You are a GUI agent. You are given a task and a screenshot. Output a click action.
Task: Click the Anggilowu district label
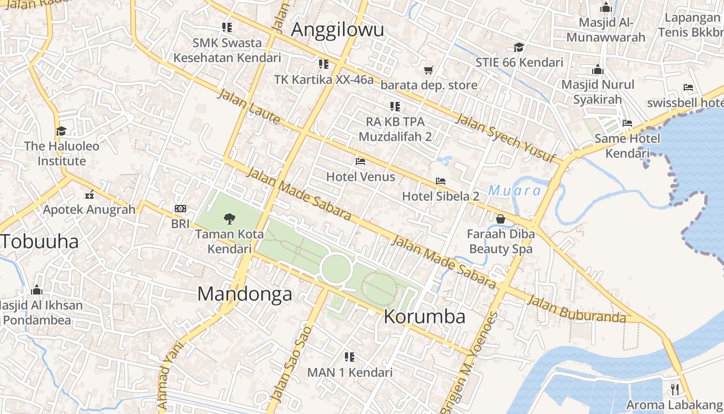[x=337, y=29]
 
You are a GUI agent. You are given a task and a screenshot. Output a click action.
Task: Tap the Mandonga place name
[x=245, y=294]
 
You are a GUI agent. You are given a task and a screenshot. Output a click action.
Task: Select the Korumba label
[x=425, y=316]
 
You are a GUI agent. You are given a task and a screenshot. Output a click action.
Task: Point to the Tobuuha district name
[x=39, y=241]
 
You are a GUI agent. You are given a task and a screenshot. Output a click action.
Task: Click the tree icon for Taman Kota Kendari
[x=229, y=219]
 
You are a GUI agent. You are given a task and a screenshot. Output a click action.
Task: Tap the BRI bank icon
[x=180, y=209]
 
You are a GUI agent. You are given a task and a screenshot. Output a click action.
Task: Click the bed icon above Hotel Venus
[x=360, y=161]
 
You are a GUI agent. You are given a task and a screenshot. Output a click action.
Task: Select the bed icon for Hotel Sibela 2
[x=441, y=181]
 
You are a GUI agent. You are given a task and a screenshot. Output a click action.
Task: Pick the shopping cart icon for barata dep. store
[x=428, y=70]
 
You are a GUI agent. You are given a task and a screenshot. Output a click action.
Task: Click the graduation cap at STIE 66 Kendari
[x=519, y=48]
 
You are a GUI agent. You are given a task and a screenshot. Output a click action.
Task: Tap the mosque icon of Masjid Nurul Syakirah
[x=598, y=69]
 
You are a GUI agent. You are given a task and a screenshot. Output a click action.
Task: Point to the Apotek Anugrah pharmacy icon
[x=89, y=195]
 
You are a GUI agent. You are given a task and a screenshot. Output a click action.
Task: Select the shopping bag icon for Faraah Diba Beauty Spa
[x=500, y=219]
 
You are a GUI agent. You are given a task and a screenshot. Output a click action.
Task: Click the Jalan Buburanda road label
[x=577, y=309]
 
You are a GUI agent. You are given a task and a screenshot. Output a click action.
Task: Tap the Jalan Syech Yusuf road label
[x=506, y=138]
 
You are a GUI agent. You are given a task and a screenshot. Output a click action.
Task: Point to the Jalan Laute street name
[x=248, y=107]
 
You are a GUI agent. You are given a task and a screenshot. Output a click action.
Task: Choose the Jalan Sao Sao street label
[x=292, y=363]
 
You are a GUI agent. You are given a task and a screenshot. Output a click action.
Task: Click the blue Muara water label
[x=515, y=191]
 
